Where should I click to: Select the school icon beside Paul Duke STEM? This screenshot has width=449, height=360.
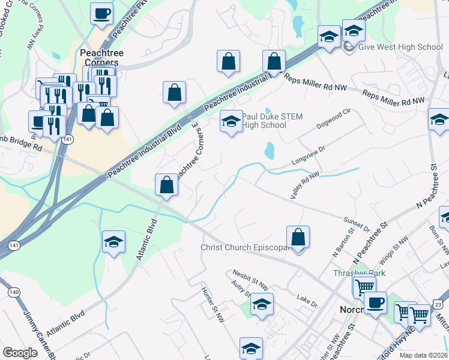coord(231,122)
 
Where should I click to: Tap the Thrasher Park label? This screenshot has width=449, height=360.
coord(359,273)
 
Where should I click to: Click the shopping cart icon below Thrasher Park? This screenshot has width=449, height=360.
coord(364,286)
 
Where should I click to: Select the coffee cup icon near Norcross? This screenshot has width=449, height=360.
coord(376,302)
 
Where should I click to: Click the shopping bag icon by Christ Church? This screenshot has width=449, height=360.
coord(298,237)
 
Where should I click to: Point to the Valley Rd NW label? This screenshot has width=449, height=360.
coord(304,184)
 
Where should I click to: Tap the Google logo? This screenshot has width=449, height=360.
coord(20,352)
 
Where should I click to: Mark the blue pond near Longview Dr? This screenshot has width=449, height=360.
coord(269,150)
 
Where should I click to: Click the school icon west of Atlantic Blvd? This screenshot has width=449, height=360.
coord(113,242)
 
